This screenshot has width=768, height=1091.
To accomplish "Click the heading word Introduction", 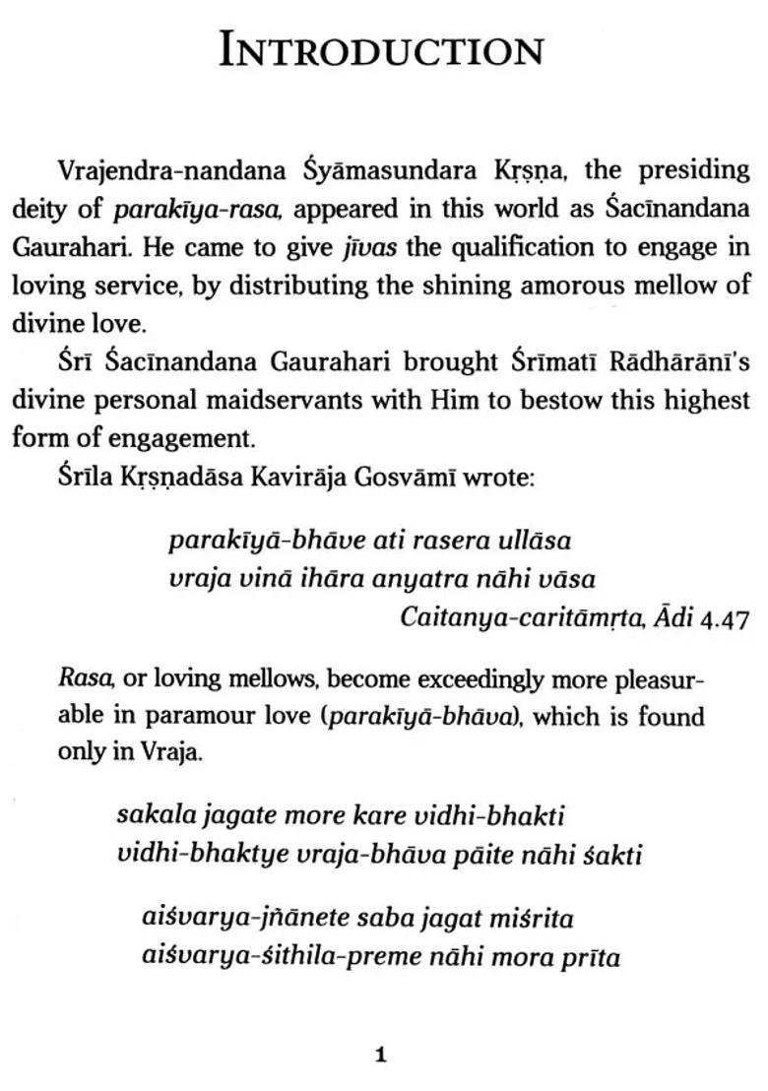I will [382, 51].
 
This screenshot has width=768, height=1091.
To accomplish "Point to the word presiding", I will [694, 170].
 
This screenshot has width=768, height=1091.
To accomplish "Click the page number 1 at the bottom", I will [381, 1057].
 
